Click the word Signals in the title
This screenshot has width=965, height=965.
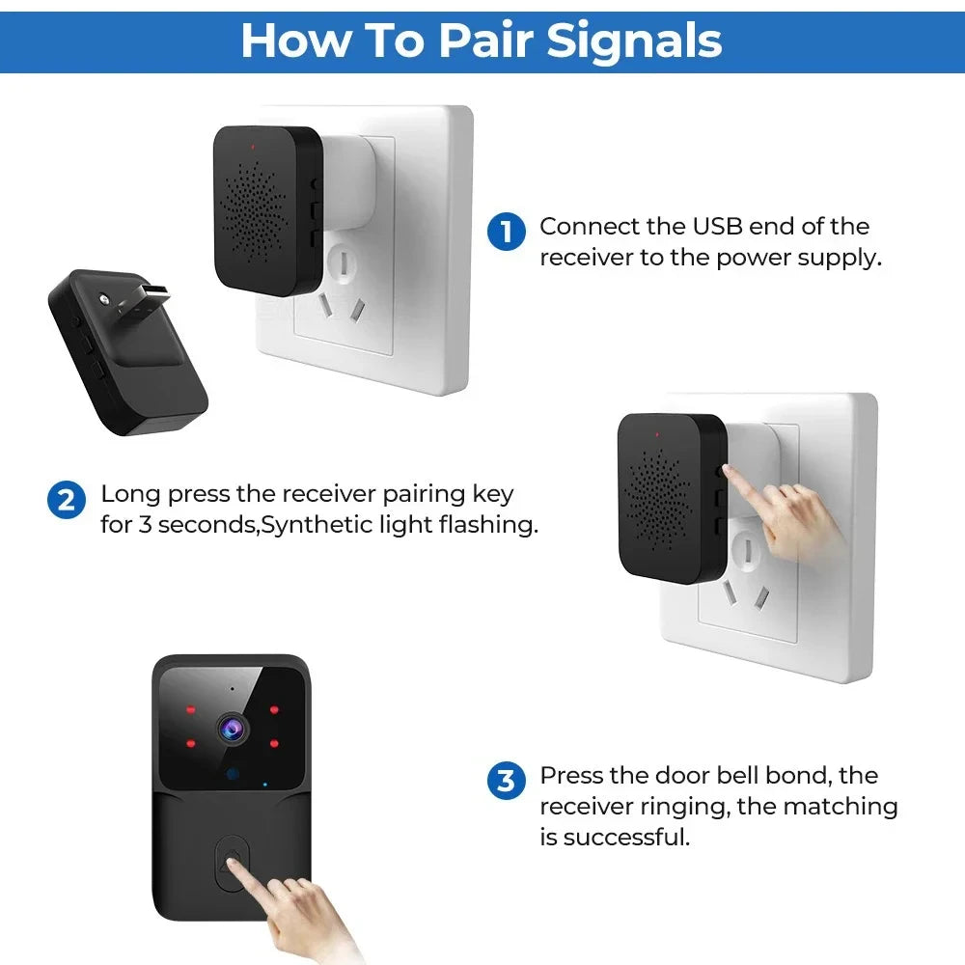(x=634, y=40)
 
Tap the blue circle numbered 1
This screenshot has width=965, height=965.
(x=506, y=233)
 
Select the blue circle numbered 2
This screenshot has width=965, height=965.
(x=67, y=500)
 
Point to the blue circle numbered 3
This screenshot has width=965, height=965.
(x=506, y=780)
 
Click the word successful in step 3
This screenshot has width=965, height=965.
(x=627, y=837)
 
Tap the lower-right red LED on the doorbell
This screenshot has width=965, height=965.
(x=275, y=743)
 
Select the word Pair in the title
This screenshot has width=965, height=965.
(x=490, y=40)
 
